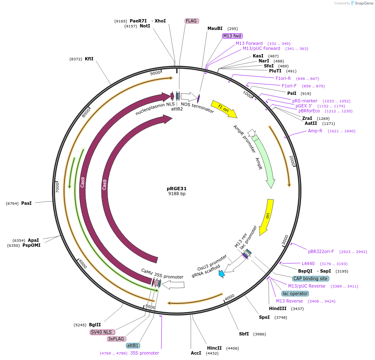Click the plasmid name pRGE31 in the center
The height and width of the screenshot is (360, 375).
pyautogui.click(x=177, y=188)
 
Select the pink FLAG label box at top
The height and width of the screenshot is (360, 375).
pyautogui.click(x=191, y=21)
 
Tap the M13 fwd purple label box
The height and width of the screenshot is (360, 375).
pyautogui.click(x=232, y=36)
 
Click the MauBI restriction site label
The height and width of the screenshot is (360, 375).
pyautogui.click(x=215, y=29)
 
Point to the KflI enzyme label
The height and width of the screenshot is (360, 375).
pyautogui.click(x=89, y=59)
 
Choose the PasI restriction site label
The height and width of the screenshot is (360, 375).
pyautogui.click(x=27, y=203)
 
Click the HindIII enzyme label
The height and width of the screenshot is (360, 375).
pyautogui.click(x=277, y=308)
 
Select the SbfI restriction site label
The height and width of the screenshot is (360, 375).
pyautogui.click(x=244, y=334)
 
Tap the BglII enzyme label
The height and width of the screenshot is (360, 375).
pyautogui.click(x=95, y=325)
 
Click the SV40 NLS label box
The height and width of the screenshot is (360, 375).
pyautogui.click(x=102, y=332)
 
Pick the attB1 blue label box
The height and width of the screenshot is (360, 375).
pyautogui.click(x=133, y=345)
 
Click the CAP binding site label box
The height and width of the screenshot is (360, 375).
pyautogui.click(x=311, y=278)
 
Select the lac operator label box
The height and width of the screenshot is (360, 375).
pyautogui.click(x=294, y=293)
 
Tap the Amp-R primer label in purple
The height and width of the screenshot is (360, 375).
pyautogui.click(x=315, y=131)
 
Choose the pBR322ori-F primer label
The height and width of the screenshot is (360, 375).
pyautogui.click(x=321, y=251)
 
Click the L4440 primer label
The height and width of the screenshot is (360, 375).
pyautogui.click(x=308, y=263)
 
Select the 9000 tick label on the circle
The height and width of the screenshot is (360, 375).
pyautogui.click(x=155, y=73)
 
